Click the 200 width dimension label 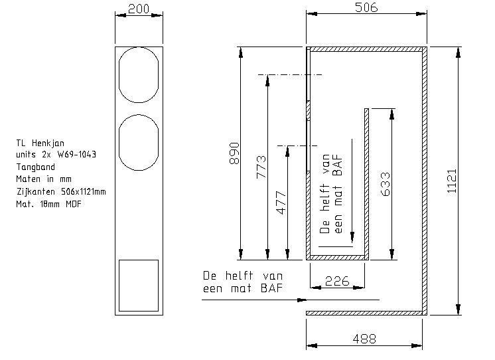click(139, 9)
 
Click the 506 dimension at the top click(366, 7)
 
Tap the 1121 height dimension click(452, 181)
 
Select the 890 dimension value click(234, 153)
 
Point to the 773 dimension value click(261, 167)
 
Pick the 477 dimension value click(281, 203)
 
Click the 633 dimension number click(386, 184)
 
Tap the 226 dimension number click(337, 281)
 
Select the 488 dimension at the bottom click(364, 339)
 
